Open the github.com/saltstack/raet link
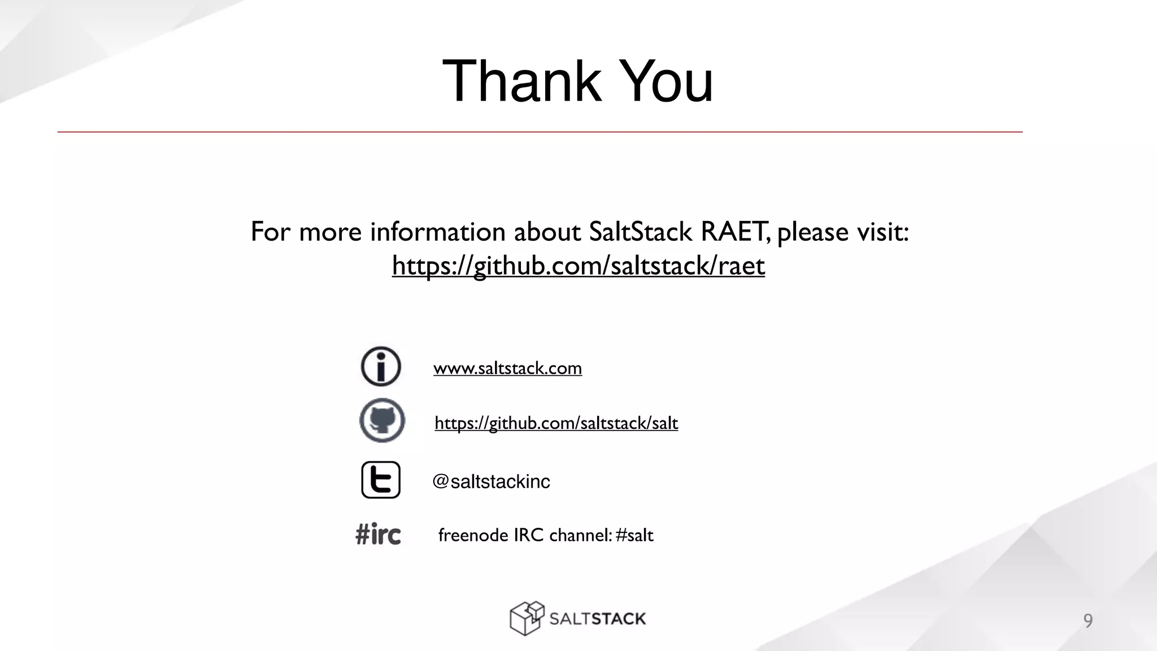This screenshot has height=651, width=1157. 578,266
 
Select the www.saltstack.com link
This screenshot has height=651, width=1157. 507,368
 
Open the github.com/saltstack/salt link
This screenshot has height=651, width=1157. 556,423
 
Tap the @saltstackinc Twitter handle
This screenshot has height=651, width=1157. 491,481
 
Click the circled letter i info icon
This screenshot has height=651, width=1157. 381,366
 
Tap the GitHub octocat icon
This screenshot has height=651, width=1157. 382,420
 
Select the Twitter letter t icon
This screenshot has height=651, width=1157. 381,480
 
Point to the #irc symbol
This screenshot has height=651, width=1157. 378,534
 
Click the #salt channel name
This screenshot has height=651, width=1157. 634,535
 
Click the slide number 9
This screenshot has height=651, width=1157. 1088,620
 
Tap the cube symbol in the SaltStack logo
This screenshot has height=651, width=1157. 527,618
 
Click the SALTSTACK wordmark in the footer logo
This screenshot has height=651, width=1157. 597,619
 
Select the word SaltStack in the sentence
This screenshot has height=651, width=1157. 640,232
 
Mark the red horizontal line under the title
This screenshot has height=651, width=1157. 540,132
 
